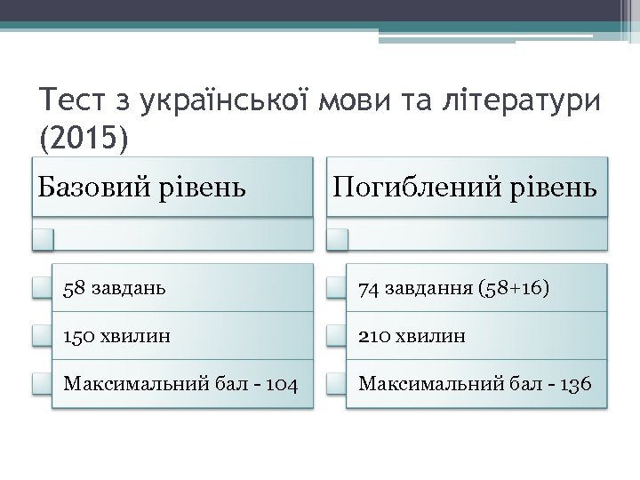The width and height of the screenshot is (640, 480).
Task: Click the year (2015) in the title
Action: pos(84,138)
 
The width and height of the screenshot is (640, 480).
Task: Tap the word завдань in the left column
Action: pos(124,288)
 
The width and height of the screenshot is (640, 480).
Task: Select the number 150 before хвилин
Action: pos(78,336)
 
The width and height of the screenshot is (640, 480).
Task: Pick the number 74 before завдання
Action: pos(369,288)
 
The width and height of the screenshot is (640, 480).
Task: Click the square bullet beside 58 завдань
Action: pos(40,287)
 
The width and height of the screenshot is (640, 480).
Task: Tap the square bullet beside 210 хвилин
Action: pos(335,335)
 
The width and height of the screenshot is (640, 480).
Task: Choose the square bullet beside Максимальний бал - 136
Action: pos(335,383)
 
